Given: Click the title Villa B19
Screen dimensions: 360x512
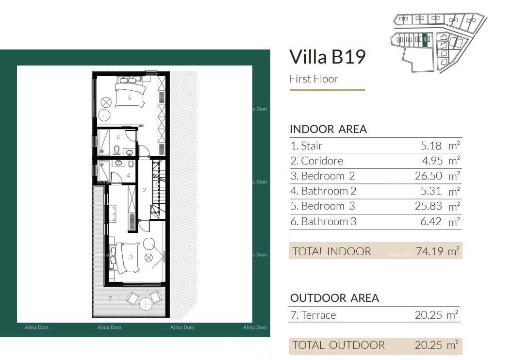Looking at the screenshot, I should pos(327,57).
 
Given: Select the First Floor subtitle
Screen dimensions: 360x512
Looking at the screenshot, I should pos(314,79).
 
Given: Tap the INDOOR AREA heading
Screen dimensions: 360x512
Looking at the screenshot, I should pos(328,129).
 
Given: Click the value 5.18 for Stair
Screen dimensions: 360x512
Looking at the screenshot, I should pos(431,146).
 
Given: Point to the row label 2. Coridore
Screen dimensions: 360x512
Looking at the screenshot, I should pos(317,161).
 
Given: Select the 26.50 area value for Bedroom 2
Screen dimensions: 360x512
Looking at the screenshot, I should pos(429,176).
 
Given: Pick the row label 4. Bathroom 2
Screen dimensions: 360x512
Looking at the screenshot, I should pos(323,191).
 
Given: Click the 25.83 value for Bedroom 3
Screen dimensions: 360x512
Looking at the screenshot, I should pos(429,206).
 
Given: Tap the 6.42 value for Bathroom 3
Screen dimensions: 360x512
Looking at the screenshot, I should pos(431,221).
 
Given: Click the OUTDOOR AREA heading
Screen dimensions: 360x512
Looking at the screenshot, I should pos(335,298).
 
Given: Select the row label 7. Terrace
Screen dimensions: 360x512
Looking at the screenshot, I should pos(313,315).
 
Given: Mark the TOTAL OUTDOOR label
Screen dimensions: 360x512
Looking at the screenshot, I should pos(338,345).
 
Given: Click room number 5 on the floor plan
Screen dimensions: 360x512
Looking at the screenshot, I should pos(130,98).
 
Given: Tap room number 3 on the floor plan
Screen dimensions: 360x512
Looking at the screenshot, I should pos(131,257).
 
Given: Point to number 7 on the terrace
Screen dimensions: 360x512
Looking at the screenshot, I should pos(110,298).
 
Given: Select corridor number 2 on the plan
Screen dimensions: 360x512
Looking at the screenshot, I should pos(144,190).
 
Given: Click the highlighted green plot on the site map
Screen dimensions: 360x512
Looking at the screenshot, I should pos(425,40).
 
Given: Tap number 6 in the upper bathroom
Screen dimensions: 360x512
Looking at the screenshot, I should pos(118,138).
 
